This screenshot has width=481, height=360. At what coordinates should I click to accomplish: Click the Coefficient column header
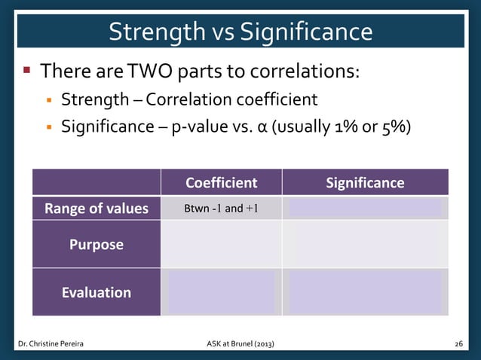pyautogui.click(x=221, y=182)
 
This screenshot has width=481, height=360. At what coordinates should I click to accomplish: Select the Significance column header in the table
pyautogui.click(x=365, y=182)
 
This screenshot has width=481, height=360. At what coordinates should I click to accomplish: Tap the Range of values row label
pyautogui.click(x=96, y=209)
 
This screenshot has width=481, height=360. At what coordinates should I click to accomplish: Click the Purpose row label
pyautogui.click(x=96, y=245)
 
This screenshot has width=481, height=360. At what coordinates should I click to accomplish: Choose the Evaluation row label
pyautogui.click(x=96, y=292)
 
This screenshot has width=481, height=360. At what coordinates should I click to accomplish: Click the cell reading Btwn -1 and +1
pyautogui.click(x=222, y=209)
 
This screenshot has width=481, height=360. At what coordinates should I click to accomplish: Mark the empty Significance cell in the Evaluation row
pyautogui.click(x=365, y=292)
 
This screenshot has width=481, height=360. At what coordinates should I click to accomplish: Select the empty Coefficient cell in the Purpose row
pyautogui.click(x=221, y=245)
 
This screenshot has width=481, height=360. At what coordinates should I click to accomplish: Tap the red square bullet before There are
pyautogui.click(x=26, y=72)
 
